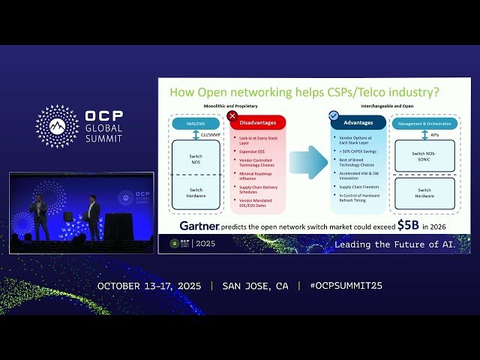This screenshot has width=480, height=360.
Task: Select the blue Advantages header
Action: point(358,122)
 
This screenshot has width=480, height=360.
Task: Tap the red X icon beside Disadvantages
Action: point(232,115)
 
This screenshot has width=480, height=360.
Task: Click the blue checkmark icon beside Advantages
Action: point(334,115)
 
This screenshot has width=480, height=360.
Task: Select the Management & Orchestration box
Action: point(425,123)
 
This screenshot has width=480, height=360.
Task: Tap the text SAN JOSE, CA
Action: point(255,286)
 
